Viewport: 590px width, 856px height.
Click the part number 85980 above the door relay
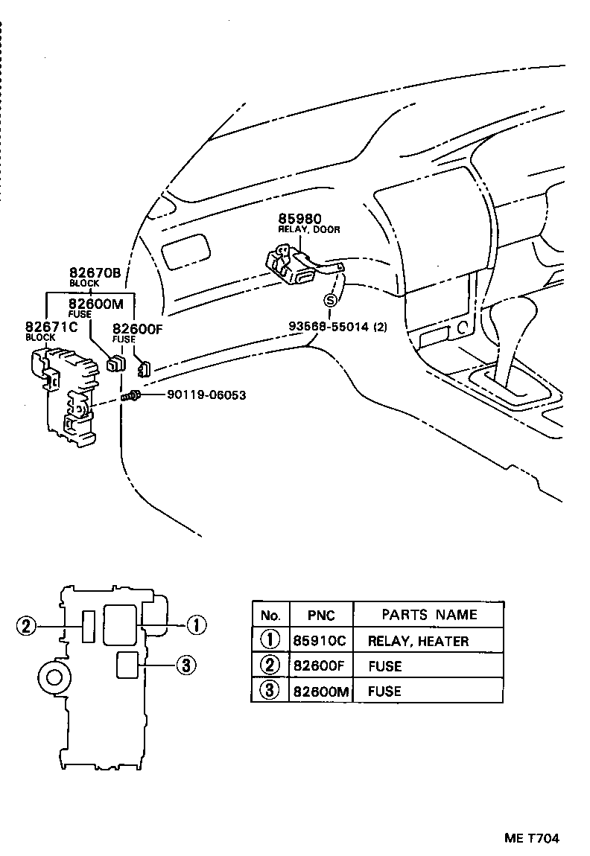point(299,219)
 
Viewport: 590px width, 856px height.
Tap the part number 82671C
point(51,327)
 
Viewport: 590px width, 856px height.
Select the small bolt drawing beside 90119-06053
point(132,395)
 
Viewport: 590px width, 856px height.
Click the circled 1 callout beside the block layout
point(195,625)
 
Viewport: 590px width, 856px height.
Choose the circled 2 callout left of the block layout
point(26,625)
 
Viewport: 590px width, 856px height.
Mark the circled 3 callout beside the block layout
point(185,665)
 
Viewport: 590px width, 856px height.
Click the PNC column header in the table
point(320,615)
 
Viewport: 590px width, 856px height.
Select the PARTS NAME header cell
point(429,614)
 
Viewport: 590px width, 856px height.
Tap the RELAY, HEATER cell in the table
point(418,640)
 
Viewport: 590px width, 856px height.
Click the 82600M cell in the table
point(320,691)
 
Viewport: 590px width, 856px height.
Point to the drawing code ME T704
point(531,838)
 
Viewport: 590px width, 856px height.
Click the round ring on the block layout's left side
point(54,676)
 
